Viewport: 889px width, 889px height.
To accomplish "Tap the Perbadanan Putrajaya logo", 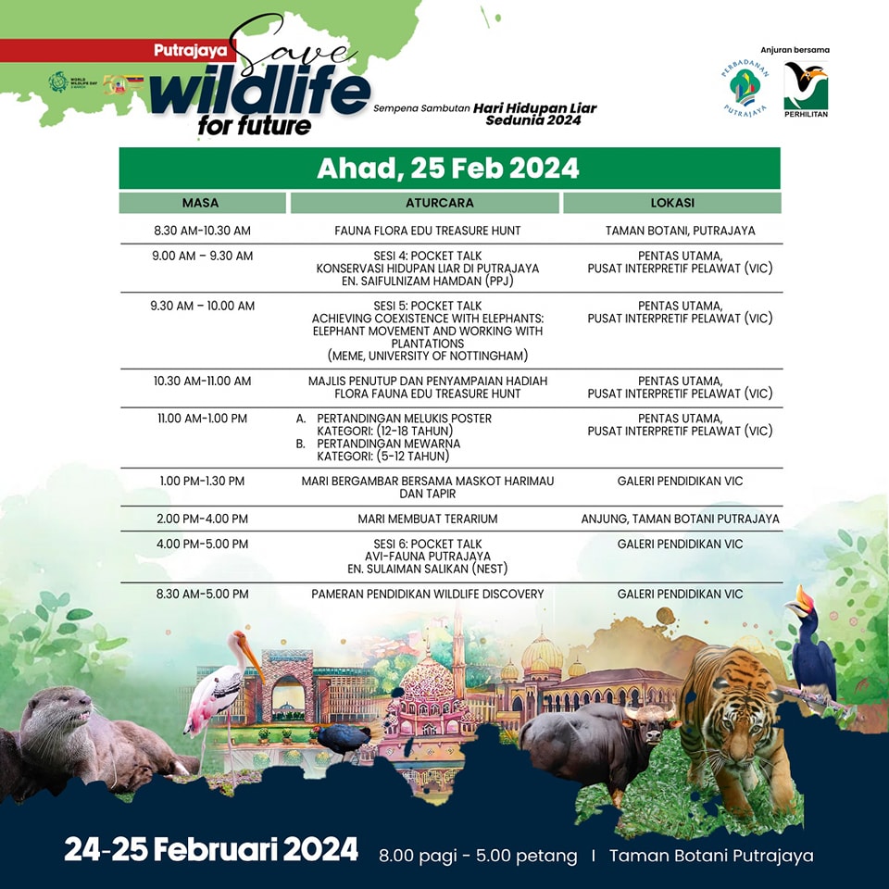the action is (745, 88).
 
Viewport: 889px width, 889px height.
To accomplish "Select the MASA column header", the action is (201, 203).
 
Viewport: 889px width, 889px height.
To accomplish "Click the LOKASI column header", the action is (672, 203).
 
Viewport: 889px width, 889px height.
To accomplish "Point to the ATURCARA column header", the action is (439, 203).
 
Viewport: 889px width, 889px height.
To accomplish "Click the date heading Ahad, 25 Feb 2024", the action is (448, 169).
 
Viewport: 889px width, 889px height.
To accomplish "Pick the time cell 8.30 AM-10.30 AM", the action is (203, 231).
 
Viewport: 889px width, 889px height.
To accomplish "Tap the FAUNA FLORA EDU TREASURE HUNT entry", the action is (428, 231).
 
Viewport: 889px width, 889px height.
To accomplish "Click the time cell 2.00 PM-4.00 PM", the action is (203, 519).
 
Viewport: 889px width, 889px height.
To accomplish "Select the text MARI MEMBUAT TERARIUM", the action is (428, 519).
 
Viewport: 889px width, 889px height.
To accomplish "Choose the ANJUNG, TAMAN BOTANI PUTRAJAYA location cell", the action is (681, 519).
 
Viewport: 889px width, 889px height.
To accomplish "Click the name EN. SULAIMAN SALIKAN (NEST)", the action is (428, 569).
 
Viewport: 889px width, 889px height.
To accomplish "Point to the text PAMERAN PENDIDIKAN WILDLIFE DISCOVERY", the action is (428, 595).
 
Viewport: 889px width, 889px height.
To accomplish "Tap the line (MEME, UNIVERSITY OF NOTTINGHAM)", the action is (428, 356).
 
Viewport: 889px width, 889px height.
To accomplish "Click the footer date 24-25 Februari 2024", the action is (211, 850).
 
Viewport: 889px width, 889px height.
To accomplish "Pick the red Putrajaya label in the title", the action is (190, 50).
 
